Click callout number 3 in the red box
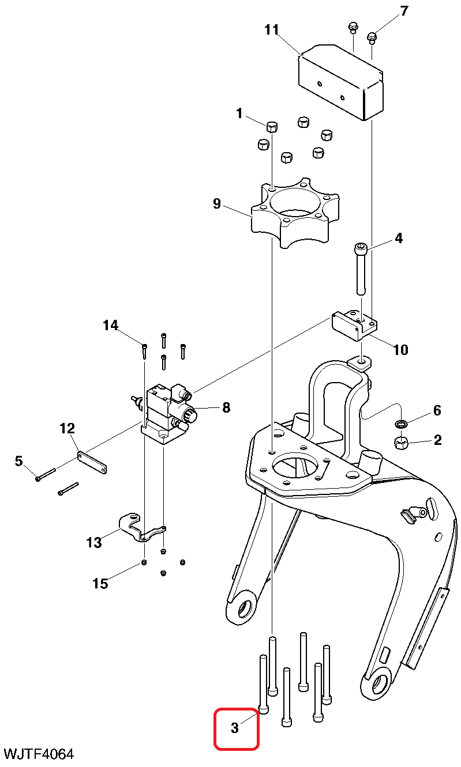(235, 728)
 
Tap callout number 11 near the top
(272, 29)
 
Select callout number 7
(403, 11)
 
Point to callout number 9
(217, 203)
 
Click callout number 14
(110, 326)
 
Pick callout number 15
(100, 583)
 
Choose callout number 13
(94, 542)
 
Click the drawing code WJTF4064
(39, 754)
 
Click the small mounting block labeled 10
(353, 326)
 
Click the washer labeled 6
(401, 425)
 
